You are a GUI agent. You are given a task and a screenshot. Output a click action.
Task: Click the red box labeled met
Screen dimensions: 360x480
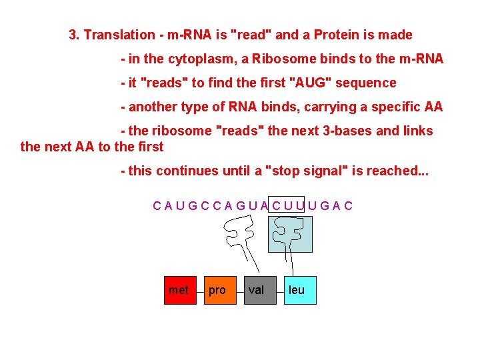pos(180,290)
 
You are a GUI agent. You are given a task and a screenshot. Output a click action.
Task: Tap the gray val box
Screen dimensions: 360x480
pos(259,290)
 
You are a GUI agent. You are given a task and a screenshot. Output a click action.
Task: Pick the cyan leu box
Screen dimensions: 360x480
pos(299,290)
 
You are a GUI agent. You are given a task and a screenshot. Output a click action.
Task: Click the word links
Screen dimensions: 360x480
pos(417,131)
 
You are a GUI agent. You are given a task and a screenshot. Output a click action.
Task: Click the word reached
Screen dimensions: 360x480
pos(387,171)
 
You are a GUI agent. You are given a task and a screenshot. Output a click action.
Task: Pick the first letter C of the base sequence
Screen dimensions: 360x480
pos(157,205)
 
